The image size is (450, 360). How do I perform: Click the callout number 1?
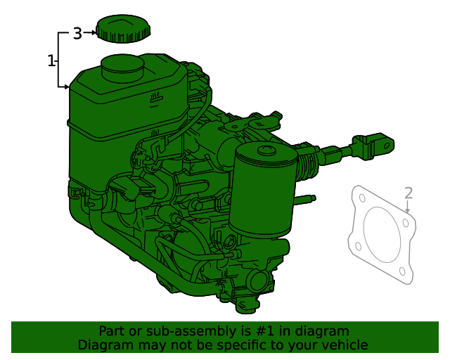(x=51, y=61)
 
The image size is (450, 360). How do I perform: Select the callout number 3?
(x=77, y=32)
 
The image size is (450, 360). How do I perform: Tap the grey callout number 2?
(x=409, y=193)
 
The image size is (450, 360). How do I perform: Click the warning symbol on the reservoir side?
(x=154, y=98)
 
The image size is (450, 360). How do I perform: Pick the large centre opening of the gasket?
(x=382, y=234)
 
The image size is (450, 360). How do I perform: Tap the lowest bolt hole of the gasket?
(x=402, y=271)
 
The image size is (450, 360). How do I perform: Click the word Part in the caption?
(x=112, y=331)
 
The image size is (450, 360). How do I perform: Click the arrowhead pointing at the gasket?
(x=408, y=210)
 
